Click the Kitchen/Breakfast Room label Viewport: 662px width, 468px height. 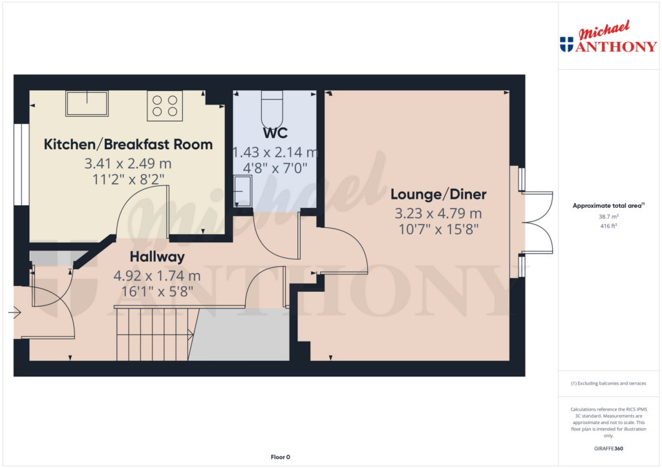[x=129, y=144]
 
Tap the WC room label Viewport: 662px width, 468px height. [x=275, y=133]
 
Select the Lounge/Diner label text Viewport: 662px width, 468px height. [x=438, y=194]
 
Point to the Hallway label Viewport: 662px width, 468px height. [x=157, y=257]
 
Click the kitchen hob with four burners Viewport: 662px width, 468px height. [x=165, y=106]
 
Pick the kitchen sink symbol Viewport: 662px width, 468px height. [x=87, y=103]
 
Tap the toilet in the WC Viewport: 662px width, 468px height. [x=272, y=109]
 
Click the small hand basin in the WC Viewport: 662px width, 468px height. [x=243, y=191]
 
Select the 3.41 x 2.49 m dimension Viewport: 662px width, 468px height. [x=128, y=163]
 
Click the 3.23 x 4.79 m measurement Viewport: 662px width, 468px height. [x=438, y=213]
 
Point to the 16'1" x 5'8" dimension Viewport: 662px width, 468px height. [x=157, y=291]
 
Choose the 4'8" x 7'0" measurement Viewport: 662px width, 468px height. [x=275, y=168]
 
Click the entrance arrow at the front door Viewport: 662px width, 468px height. [x=15, y=312]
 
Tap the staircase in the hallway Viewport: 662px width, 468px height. [x=155, y=334]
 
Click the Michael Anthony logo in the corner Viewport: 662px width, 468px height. [x=608, y=37]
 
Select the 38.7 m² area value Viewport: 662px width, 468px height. [x=608, y=217]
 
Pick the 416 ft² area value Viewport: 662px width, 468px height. [x=608, y=226]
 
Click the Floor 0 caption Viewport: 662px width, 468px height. [x=281, y=457]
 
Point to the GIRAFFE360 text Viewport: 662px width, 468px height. [x=608, y=449]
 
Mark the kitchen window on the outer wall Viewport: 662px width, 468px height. [x=21, y=165]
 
